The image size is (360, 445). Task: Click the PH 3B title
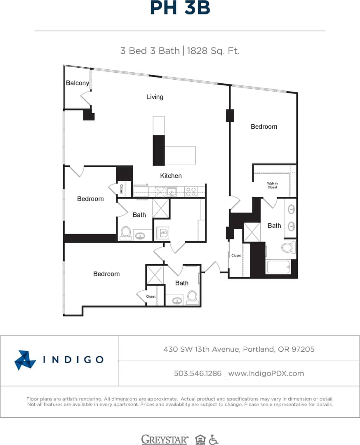(180, 8)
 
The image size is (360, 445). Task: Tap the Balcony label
(78, 83)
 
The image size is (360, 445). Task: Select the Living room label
(155, 97)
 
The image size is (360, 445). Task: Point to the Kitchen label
(171, 175)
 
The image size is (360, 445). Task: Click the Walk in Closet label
(272, 185)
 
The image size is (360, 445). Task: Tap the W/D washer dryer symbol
(164, 233)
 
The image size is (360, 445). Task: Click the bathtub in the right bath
(279, 266)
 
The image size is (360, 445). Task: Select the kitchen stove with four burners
(191, 191)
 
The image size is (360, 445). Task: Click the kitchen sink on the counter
(172, 191)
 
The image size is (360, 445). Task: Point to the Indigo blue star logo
(25, 360)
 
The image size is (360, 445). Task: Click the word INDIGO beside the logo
(73, 360)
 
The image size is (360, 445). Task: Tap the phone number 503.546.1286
(198, 373)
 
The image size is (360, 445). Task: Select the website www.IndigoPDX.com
(266, 373)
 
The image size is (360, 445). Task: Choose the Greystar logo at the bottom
(165, 439)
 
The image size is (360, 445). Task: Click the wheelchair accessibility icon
(213, 439)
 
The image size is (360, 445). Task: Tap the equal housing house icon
(200, 439)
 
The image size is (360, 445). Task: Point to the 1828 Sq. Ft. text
(213, 51)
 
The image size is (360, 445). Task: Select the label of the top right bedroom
(264, 126)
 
